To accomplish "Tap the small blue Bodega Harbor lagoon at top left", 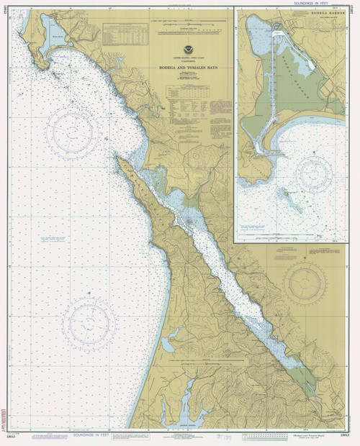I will (55, 35).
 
